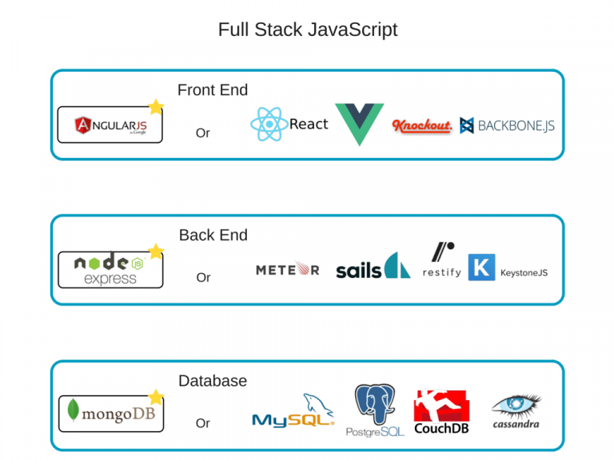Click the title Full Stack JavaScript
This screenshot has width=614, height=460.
pyautogui.click(x=307, y=30)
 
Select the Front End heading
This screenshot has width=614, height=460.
pyautogui.click(x=213, y=90)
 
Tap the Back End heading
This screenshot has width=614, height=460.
pyautogui.click(x=213, y=235)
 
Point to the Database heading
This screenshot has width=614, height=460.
pyautogui.click(x=213, y=381)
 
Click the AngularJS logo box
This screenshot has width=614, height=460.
pyautogui.click(x=110, y=125)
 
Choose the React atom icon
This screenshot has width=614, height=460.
pyautogui.click(x=269, y=125)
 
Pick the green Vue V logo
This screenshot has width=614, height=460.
pyautogui.click(x=359, y=124)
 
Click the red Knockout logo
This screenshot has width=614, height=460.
pyautogui.click(x=422, y=125)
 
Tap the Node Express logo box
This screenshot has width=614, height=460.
pyautogui.click(x=110, y=270)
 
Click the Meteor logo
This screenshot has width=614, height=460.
pyautogui.click(x=287, y=270)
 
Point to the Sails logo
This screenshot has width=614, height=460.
pyautogui.click(x=373, y=267)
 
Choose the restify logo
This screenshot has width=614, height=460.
pyautogui.click(x=442, y=260)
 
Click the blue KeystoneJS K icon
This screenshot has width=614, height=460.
pyautogui.click(x=481, y=268)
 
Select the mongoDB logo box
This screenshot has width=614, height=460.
pyautogui.click(x=110, y=414)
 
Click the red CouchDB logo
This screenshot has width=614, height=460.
pyautogui.click(x=441, y=411)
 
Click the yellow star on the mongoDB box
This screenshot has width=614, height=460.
pyautogui.click(x=156, y=397)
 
